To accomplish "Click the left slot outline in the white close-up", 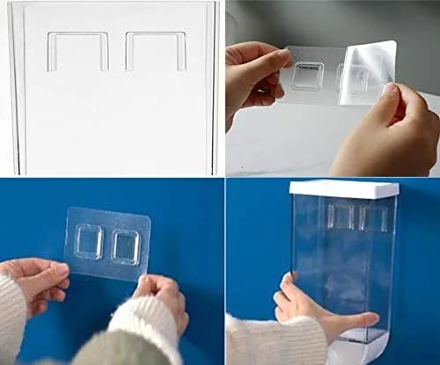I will point(77,51).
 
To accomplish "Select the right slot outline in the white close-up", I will point(156,51).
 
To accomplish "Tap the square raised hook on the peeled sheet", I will point(307,76).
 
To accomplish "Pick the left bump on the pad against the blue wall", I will point(89,242).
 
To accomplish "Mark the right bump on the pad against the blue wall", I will point(126,246).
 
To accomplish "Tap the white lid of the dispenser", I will point(343,187).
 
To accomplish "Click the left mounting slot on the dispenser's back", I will point(341,216).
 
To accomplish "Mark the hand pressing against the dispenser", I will point(308,308).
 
